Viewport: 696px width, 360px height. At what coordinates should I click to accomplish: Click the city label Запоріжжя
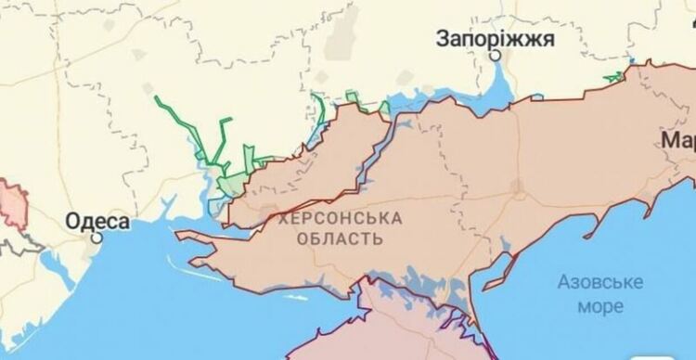coord(496,38)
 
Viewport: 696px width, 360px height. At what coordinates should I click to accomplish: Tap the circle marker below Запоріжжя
coord(496,56)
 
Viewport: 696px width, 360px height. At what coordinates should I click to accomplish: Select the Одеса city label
coord(97,221)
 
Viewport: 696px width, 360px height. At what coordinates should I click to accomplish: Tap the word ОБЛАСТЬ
coord(340,238)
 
